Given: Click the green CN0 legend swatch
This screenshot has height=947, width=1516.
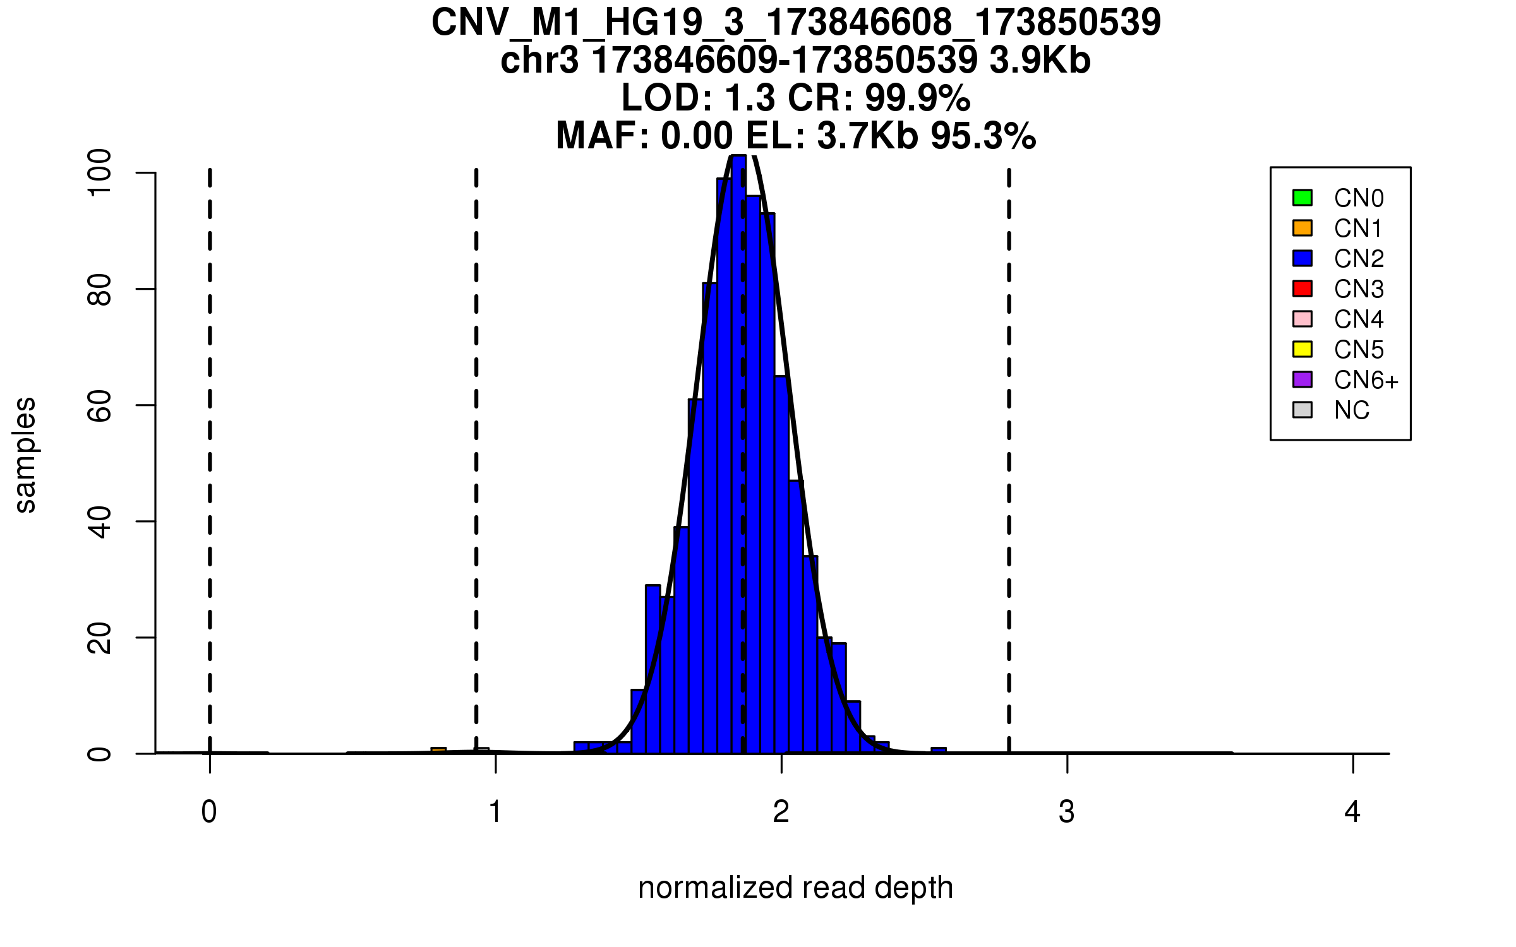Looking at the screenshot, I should [1302, 198].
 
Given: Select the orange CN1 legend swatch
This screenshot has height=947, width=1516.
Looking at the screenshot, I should [1302, 228].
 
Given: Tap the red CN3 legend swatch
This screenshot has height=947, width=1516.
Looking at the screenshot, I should [1302, 289].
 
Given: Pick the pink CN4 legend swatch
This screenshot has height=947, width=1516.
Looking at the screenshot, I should [1302, 319].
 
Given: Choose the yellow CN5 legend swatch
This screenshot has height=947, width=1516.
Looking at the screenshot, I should [1302, 349].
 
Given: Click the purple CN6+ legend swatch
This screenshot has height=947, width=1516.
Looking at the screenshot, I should [1302, 379].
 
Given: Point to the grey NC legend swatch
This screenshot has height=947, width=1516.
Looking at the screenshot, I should [1302, 410].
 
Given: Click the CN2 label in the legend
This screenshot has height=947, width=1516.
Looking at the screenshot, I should [1359, 259].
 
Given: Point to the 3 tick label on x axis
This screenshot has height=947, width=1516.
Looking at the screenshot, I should [1067, 812].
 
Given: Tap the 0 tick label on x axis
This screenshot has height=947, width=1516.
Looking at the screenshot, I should [209, 812].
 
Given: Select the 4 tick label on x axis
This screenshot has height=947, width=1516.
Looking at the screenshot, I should [1352, 812].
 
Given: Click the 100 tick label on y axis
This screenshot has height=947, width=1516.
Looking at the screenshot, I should [100, 173].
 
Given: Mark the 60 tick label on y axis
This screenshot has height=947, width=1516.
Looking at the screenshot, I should [100, 405].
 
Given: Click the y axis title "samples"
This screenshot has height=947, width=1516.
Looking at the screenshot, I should [25, 455].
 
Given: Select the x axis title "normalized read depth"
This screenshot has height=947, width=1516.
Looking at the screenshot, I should [795, 888].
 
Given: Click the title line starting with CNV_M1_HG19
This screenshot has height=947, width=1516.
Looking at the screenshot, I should [795, 23].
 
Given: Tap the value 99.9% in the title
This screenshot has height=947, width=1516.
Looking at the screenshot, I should [917, 98].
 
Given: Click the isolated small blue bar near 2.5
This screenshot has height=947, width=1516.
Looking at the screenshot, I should [939, 750].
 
